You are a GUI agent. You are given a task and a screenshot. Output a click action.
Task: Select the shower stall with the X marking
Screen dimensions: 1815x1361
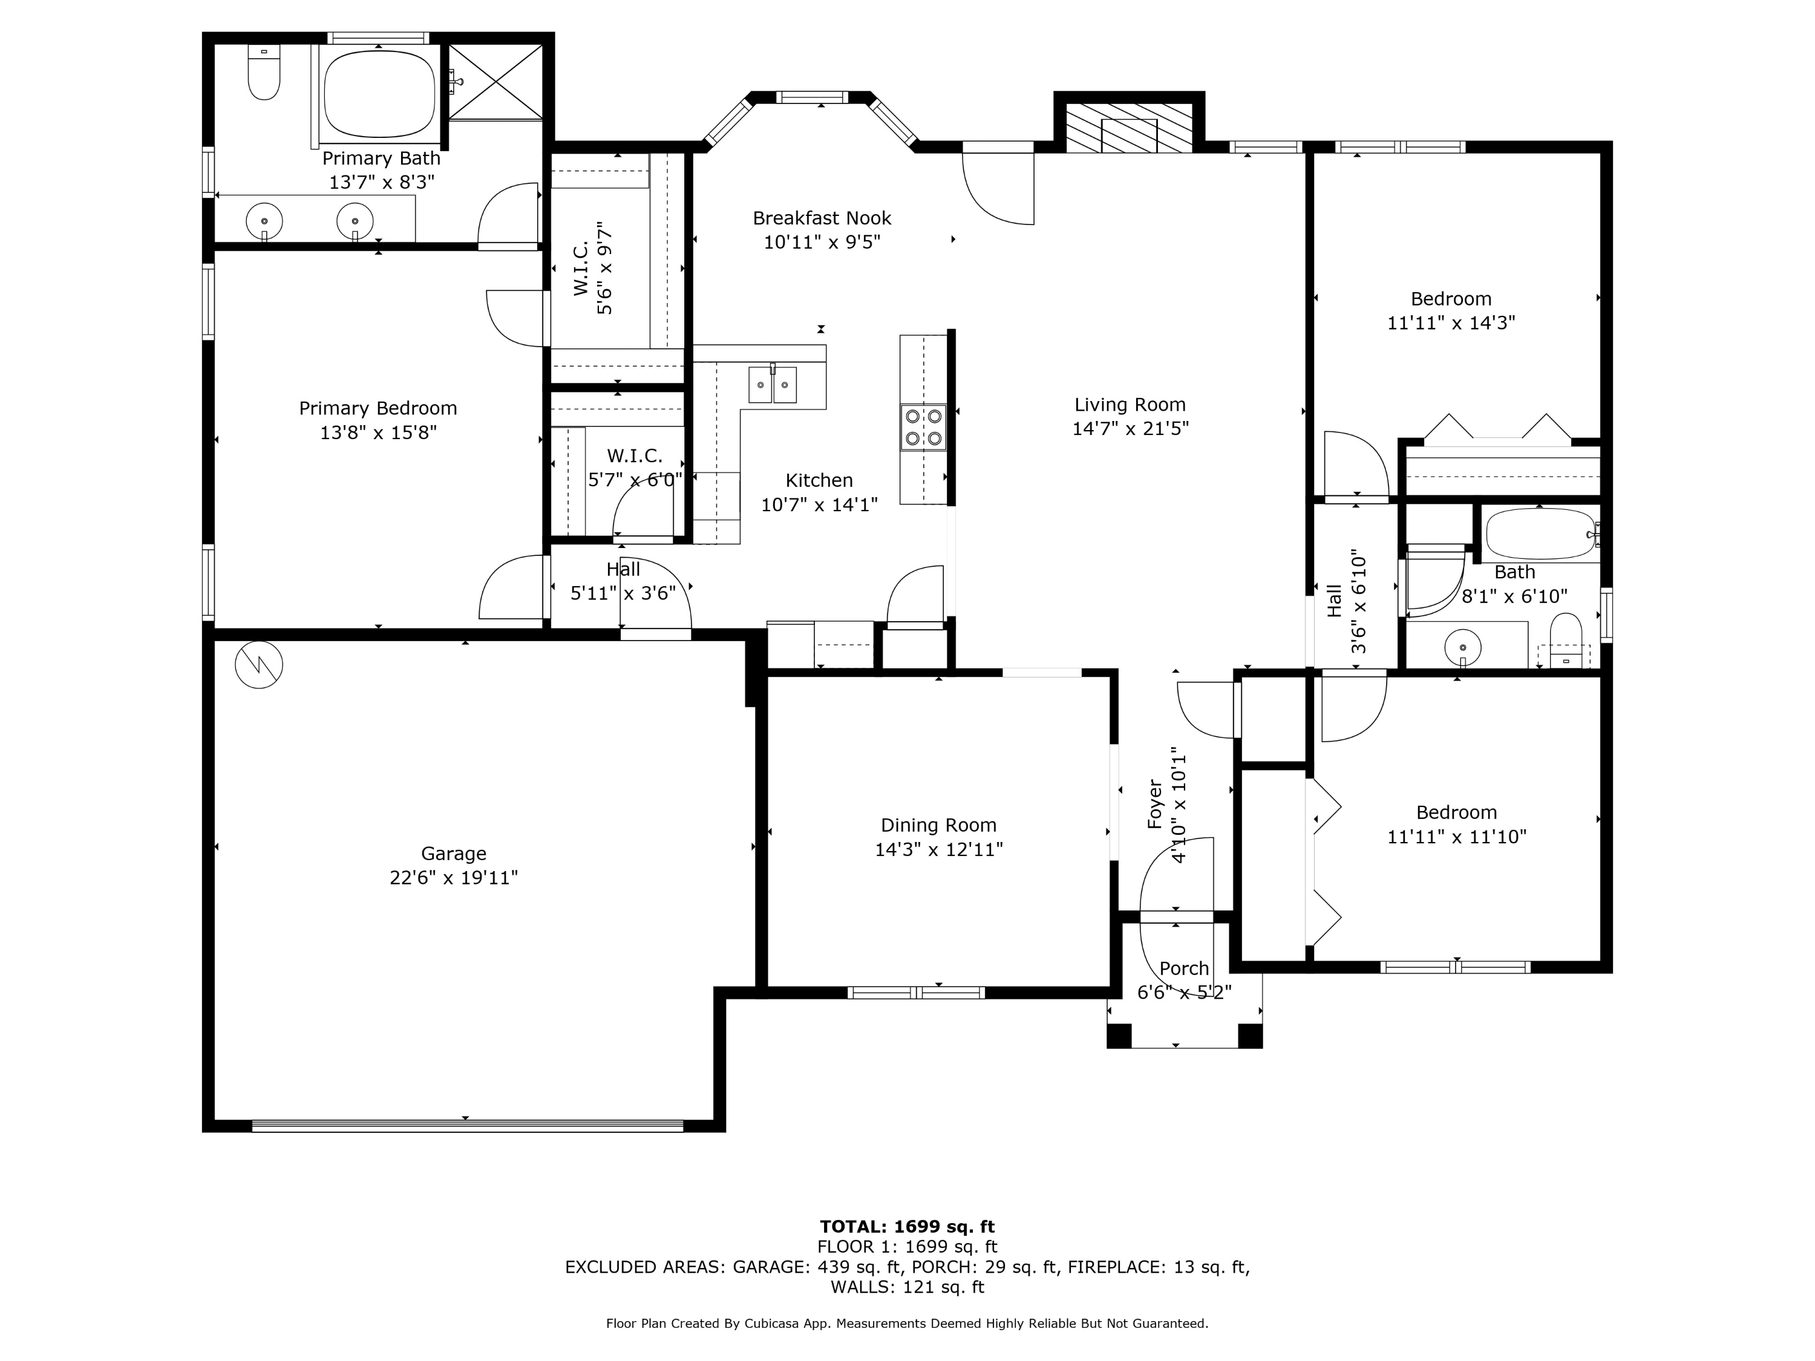tap(495, 82)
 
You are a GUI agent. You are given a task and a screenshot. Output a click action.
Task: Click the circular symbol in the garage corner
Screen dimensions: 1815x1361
tap(260, 665)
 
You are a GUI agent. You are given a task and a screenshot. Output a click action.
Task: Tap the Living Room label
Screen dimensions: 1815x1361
tap(1130, 405)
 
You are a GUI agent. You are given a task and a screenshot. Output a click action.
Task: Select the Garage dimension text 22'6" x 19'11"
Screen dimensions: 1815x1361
tap(454, 878)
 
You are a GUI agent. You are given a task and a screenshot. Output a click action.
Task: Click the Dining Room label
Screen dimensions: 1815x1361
tap(939, 825)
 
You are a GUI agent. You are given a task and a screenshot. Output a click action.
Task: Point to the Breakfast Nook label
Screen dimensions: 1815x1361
tap(822, 218)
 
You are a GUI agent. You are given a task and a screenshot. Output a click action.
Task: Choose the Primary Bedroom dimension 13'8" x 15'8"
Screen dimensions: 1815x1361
tap(378, 432)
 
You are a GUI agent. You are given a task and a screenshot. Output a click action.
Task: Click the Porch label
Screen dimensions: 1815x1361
tap(1184, 969)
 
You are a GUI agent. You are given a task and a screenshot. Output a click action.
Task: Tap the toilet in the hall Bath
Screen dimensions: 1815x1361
tap(1566, 641)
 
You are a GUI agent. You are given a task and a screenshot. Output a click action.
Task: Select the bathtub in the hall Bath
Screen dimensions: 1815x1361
tap(1540, 535)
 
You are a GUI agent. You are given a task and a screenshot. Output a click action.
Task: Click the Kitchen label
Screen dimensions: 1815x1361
tap(819, 481)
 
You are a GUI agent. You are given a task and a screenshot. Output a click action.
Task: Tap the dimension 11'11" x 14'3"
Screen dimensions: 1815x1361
tap(1451, 323)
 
